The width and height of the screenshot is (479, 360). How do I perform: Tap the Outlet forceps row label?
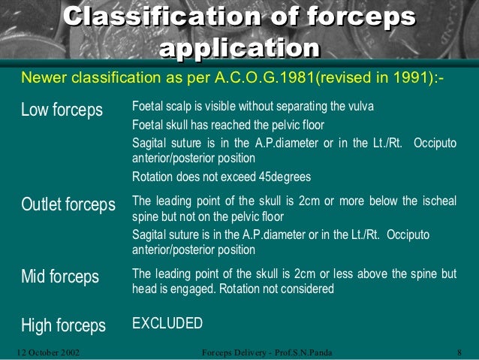click(67, 204)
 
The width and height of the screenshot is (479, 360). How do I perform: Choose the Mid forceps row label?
click(59, 277)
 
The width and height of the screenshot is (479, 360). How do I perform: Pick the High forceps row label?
click(62, 325)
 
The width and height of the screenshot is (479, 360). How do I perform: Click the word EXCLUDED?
click(167, 324)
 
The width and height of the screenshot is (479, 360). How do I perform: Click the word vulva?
click(360, 104)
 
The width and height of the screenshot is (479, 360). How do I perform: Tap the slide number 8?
click(458, 351)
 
